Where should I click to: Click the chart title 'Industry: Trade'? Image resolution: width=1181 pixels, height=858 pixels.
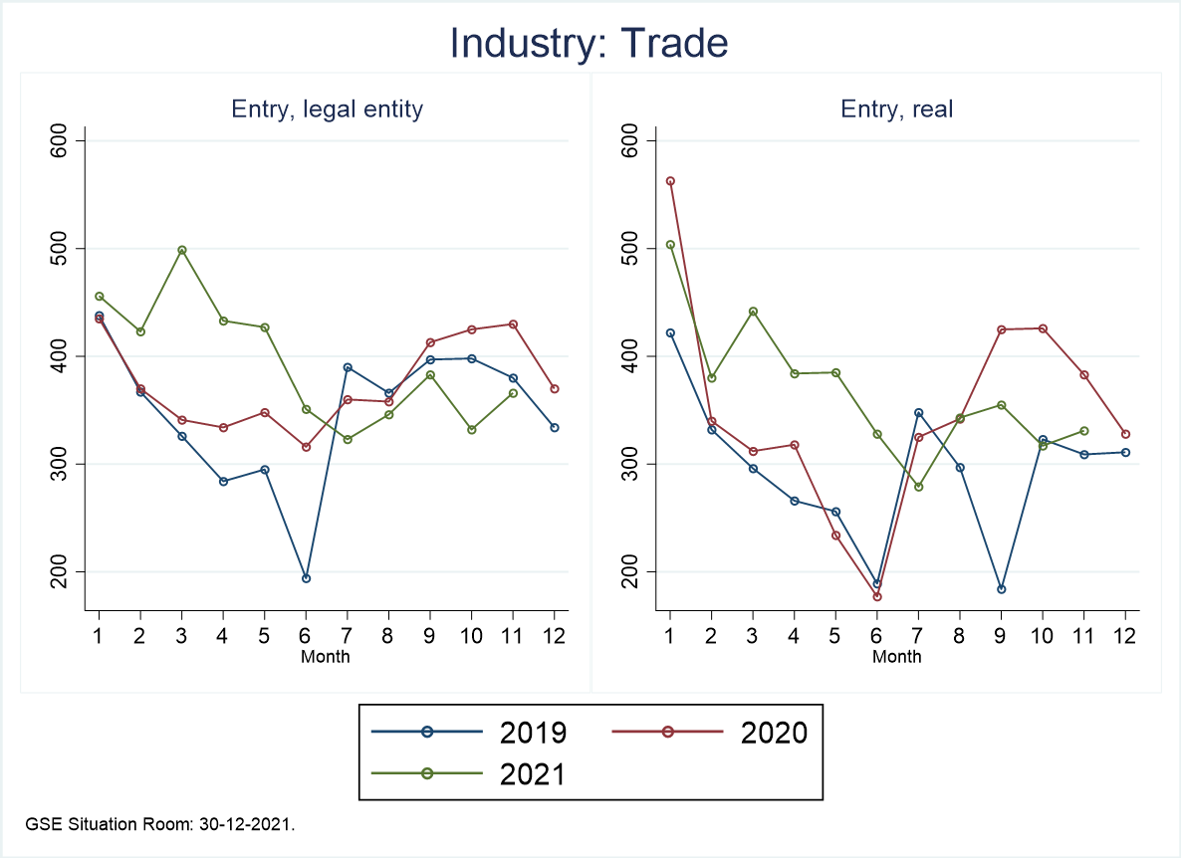590,43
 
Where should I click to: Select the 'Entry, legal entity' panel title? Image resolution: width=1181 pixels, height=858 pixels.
327,109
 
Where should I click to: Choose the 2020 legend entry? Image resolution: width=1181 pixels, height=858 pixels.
737,733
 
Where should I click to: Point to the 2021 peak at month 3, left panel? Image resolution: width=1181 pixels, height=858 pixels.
182,250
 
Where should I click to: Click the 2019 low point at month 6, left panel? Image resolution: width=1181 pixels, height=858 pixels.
307,578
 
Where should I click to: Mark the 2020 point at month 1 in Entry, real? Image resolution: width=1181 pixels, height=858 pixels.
670,181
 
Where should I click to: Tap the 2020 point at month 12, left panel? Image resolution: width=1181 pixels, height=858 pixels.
555,388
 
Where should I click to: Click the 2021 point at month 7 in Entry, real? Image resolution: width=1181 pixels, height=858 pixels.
919,487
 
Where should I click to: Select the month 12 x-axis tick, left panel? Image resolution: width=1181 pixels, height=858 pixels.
555,634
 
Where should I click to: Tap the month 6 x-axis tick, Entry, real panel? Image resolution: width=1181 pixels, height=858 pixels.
877,634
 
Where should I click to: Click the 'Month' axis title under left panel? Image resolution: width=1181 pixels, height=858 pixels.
326,656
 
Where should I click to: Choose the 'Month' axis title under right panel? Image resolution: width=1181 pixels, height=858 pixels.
897,656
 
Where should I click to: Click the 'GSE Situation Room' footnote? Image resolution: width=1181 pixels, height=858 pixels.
161,824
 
